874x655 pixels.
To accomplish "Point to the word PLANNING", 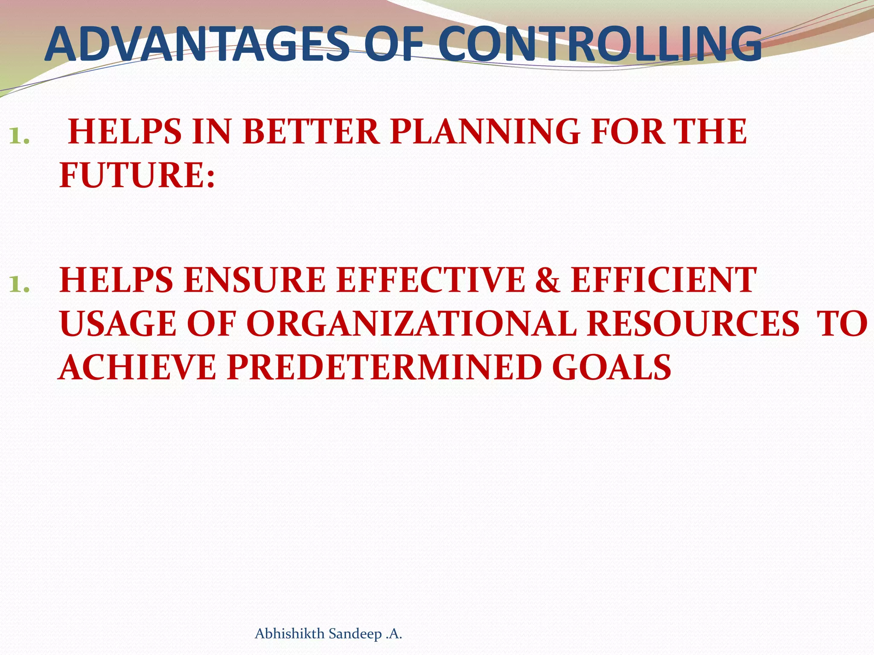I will coord(485,132).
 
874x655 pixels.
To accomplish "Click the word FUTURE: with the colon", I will coord(137,175).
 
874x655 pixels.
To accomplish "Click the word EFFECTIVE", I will coord(430,280).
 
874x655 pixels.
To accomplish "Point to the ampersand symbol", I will coord(548,280).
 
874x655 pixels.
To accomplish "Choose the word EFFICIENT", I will coord(663,280).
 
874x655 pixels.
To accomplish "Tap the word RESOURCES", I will coord(692,324).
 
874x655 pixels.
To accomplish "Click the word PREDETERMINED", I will coord(384,368).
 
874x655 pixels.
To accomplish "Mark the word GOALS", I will coord(611,368).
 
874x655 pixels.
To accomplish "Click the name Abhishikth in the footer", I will coord(289,634).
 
